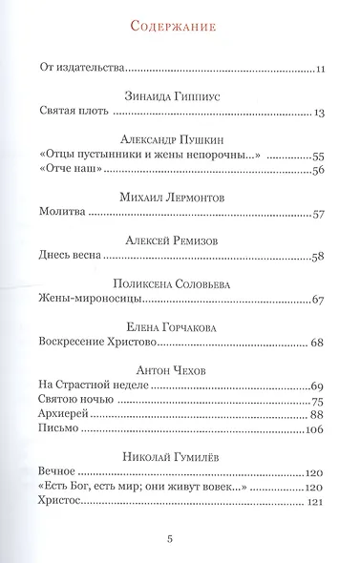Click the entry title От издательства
click(x=85, y=69)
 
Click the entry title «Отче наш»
click(x=73, y=170)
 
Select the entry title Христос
click(x=67, y=503)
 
